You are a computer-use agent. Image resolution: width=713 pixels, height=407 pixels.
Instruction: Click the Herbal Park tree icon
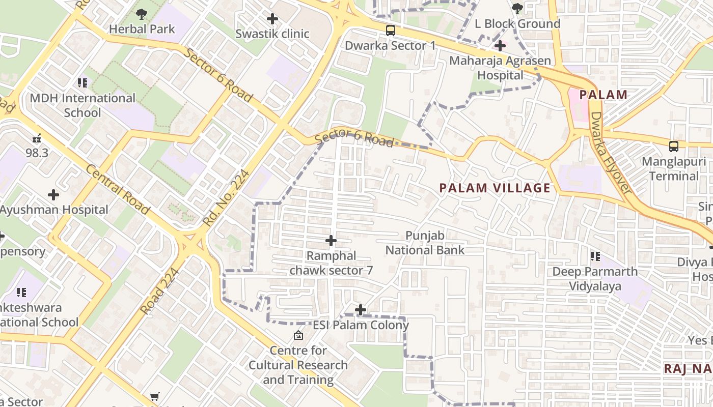(x=142, y=14)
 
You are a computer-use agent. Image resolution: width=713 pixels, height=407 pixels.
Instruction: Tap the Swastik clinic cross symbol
(x=272, y=19)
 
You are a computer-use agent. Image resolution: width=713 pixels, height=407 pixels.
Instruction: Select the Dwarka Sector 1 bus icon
(x=390, y=31)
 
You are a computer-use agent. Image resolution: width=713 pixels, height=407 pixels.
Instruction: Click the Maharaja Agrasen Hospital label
(x=500, y=68)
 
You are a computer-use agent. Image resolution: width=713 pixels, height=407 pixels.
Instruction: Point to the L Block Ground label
(x=517, y=23)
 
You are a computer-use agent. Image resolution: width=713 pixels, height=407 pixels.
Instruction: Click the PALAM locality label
(x=603, y=95)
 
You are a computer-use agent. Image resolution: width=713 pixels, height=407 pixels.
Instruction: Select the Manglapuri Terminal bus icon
(x=674, y=147)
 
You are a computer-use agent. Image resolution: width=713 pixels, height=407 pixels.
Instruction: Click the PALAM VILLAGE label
(x=495, y=188)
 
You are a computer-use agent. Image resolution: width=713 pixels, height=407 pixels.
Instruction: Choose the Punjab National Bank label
(x=425, y=243)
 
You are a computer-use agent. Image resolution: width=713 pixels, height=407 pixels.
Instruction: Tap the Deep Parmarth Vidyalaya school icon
(x=595, y=256)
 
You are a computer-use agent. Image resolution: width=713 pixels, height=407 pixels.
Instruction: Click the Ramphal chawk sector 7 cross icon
(x=331, y=241)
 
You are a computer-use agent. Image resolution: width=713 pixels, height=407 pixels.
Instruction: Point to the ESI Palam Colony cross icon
(x=361, y=309)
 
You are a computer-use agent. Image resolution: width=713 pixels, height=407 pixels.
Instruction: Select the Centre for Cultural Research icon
(x=298, y=335)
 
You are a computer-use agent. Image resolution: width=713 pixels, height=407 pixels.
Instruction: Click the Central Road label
(x=118, y=189)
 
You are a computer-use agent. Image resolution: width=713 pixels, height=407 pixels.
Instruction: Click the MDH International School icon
(x=83, y=82)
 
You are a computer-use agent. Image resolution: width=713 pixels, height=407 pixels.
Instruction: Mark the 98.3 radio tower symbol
(x=37, y=137)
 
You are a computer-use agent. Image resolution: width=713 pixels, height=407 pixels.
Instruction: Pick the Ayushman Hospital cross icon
(x=53, y=195)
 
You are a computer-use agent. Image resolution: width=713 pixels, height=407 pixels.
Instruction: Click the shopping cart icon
(x=155, y=396)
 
